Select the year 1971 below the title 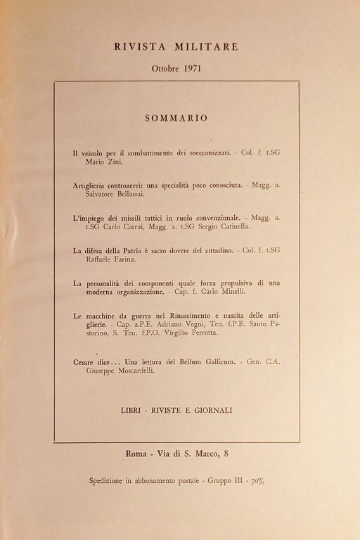[x=192, y=70]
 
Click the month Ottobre [x=164, y=70]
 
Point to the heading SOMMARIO [x=176, y=118]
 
